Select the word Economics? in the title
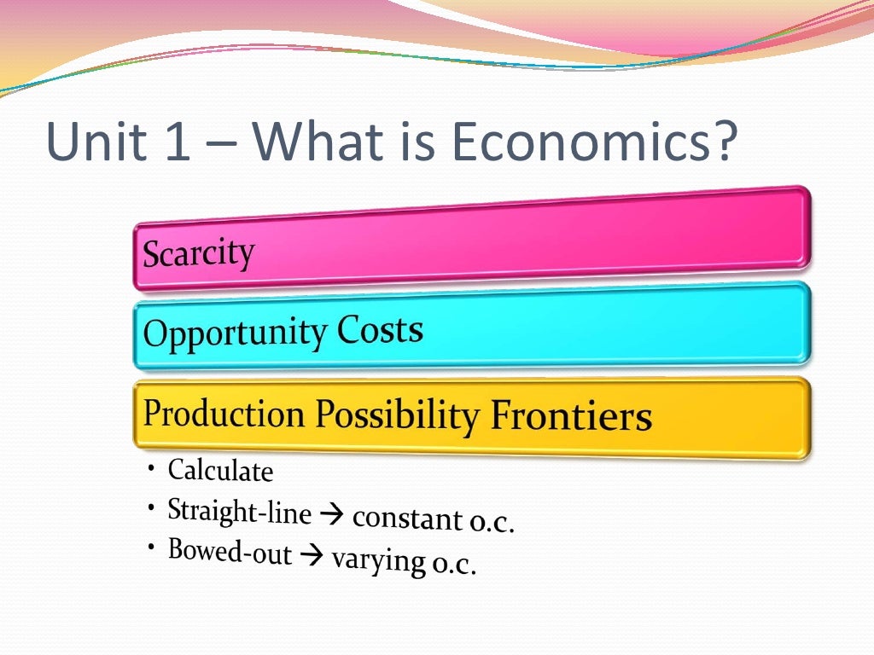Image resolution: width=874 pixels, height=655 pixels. (x=592, y=142)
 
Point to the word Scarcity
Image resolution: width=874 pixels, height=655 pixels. (x=198, y=253)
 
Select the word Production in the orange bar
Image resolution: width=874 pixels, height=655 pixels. (x=224, y=413)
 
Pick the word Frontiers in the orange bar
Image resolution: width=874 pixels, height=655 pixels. (x=571, y=417)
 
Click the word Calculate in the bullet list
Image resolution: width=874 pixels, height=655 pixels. (x=220, y=470)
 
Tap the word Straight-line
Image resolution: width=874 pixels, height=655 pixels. (x=239, y=511)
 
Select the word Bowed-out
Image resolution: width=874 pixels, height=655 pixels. (x=230, y=551)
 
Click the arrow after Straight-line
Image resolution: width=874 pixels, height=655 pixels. (x=330, y=515)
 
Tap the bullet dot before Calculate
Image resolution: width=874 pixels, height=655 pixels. (x=150, y=468)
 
